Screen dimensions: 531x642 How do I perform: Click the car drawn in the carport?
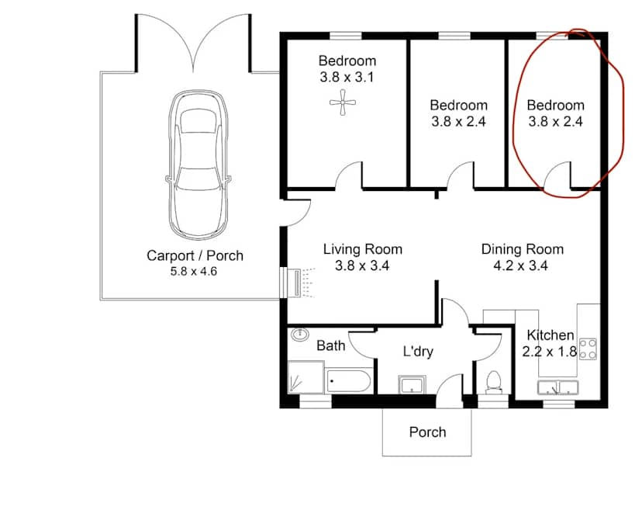(199, 165)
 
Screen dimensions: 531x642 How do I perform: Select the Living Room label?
(362, 249)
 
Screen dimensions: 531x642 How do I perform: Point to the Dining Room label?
(522, 249)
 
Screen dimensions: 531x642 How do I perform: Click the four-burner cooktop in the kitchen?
(588, 348)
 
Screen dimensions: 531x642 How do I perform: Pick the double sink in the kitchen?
(558, 387)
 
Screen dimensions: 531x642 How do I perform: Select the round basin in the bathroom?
(300, 335)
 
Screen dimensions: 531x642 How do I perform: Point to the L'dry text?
(417, 352)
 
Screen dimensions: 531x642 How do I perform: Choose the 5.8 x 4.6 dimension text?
(195, 272)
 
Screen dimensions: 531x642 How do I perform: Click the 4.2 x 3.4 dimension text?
(522, 265)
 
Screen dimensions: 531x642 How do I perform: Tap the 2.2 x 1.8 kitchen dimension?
(550, 351)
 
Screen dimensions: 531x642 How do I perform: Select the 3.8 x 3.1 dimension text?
(347, 77)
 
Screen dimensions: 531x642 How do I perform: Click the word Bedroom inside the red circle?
(555, 105)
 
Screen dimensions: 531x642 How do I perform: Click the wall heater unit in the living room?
(293, 283)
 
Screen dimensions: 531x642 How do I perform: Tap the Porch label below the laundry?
(427, 432)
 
